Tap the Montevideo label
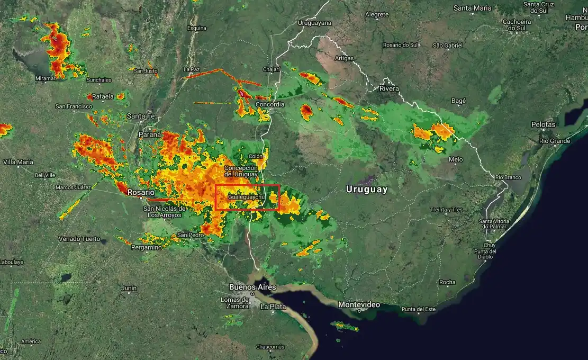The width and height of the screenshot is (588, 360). coord(359,304)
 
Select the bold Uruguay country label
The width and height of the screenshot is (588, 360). coord(367,189)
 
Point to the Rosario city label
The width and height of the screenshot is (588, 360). coord(141,193)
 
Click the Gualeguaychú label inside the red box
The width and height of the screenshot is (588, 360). coord(246,197)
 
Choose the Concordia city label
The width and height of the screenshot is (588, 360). coord(270,104)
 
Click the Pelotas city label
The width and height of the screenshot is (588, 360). coord(544,124)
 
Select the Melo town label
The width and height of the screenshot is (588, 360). coord(455,159)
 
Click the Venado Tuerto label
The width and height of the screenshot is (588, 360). coord(79,239)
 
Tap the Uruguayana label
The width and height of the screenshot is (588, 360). coord(314,23)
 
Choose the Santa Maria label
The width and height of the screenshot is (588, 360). coord(472,8)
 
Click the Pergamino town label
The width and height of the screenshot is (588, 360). coord(147,247)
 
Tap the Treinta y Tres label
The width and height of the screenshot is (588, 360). coord(446,210)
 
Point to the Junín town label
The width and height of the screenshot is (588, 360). coord(129,289)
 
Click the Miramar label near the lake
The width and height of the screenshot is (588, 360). coord(45,78)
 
